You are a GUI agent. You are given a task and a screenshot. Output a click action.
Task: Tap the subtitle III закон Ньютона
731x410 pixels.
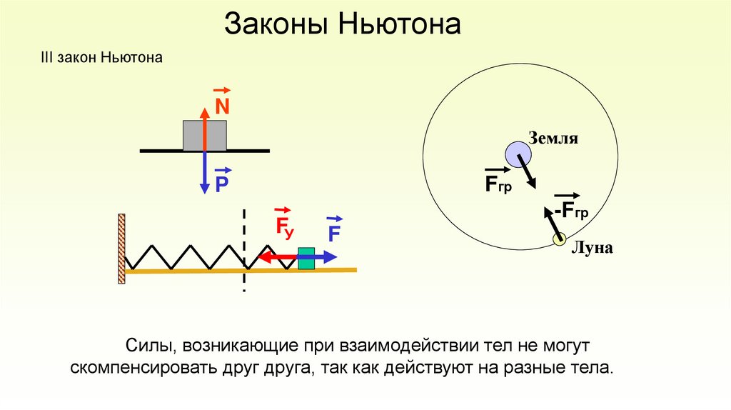coord(106,57)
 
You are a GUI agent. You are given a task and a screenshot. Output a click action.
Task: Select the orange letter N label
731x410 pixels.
coord(222,108)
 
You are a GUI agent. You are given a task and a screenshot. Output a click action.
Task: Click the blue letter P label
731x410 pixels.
coord(222,186)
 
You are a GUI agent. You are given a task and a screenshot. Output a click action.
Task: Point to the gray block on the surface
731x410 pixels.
coord(193,136)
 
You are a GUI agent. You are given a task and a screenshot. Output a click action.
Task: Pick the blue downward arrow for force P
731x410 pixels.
coord(205,175)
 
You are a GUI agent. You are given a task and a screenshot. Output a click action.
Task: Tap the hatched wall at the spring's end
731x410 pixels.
coord(122,249)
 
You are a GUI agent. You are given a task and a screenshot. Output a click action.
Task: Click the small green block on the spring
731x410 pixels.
coord(306,258)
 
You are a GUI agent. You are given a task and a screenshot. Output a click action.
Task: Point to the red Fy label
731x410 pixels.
coord(284,227)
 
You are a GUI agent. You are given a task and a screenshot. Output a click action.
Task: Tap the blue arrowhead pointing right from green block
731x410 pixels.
coord(332,256)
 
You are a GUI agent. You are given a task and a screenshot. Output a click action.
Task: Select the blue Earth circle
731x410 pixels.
coord(519,154)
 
